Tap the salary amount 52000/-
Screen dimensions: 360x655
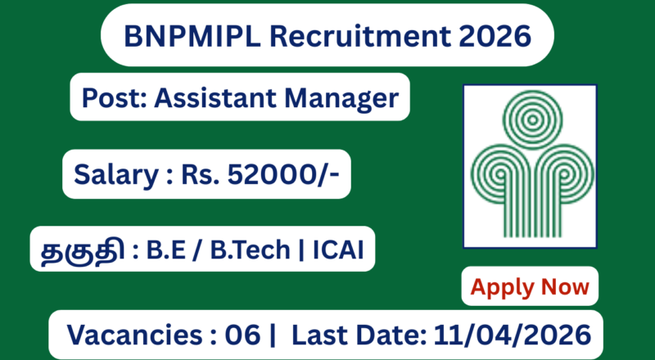click(x=282, y=173)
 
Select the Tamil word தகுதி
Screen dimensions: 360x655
click(x=81, y=250)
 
